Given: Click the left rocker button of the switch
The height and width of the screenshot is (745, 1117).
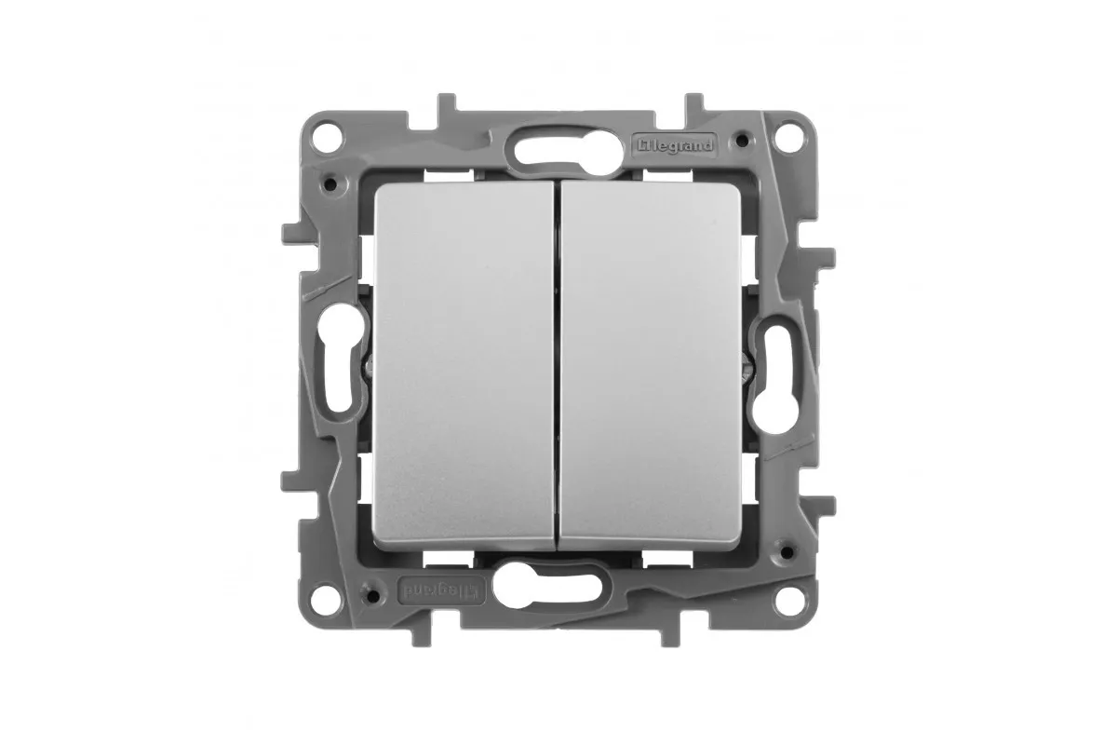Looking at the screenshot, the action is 464,367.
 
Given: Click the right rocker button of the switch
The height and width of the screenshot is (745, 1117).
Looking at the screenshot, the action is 651,367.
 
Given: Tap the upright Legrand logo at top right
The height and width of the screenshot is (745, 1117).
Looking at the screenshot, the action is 675,145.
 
